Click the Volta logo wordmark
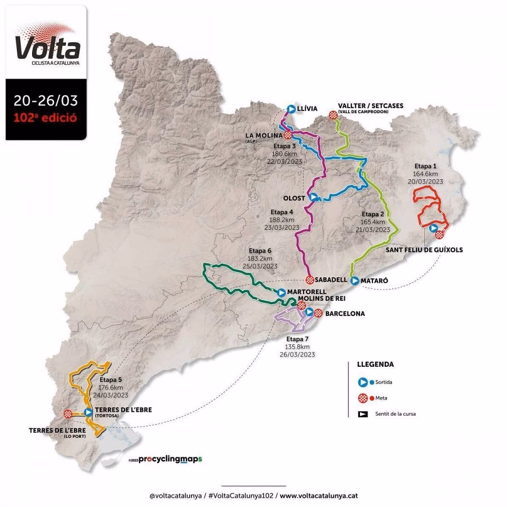(x=47, y=48)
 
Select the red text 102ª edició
(x=46, y=119)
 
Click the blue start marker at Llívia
(x=290, y=109)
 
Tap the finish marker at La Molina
(x=288, y=135)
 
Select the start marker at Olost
(x=313, y=197)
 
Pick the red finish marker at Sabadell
(x=309, y=280)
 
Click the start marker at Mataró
(x=354, y=280)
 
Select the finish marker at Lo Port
(x=68, y=413)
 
